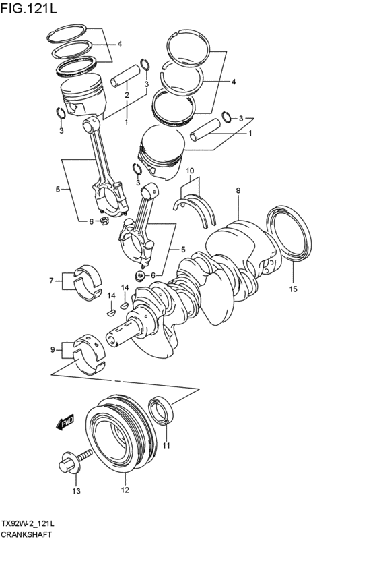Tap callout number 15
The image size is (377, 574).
293,290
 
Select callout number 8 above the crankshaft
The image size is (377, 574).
238,192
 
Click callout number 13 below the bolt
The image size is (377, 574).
76,491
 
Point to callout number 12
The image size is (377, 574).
125,491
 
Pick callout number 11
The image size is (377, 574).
166,445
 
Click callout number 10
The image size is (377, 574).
191,171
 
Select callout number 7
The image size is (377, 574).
51,280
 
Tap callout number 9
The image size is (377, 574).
53,349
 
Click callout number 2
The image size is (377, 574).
127,96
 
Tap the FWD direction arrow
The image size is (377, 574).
65,424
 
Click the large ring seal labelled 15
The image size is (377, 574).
292,233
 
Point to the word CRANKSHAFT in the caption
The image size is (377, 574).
27,533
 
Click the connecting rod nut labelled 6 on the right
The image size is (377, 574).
139,275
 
